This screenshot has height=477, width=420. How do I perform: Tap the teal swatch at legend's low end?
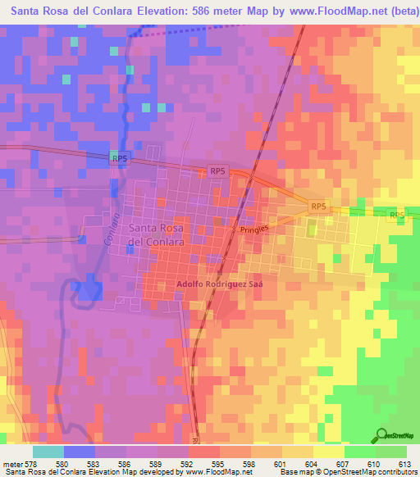coord(48,452)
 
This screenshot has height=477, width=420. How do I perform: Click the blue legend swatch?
coord(80,452)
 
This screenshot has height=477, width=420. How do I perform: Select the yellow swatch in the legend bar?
coord(328,452)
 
